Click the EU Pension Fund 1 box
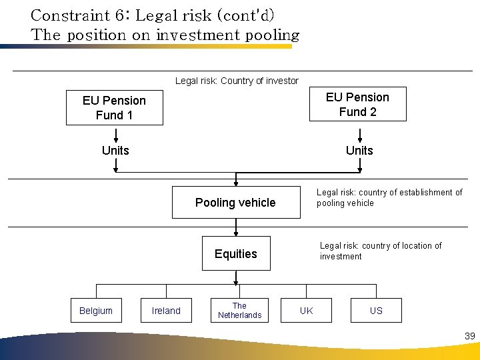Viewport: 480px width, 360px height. pos(114,107)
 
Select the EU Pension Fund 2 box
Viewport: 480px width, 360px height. pos(357,104)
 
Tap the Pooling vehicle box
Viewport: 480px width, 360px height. pos(235,203)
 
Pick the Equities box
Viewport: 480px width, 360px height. pos(236,253)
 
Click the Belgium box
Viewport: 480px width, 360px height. pos(96,311)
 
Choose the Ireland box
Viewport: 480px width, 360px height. pos(166,311)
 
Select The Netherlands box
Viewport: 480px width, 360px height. pos(239,311)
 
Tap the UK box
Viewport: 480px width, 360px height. pos(306,311)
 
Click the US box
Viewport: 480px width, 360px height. pos(376,311)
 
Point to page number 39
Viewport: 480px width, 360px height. pos(469,336)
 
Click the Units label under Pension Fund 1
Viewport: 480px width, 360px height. pos(115,151)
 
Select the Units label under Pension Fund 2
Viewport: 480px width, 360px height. pos(359,151)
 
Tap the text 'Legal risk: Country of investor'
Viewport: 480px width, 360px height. pos(237,81)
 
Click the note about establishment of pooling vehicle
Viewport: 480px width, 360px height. pos(389,197)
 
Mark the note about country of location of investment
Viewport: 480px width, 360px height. pos(380,251)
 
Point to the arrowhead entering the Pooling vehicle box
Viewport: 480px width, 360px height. pos(236,183)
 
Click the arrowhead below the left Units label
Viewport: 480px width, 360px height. pos(115,169)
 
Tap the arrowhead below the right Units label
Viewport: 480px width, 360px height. pos(359,169)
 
